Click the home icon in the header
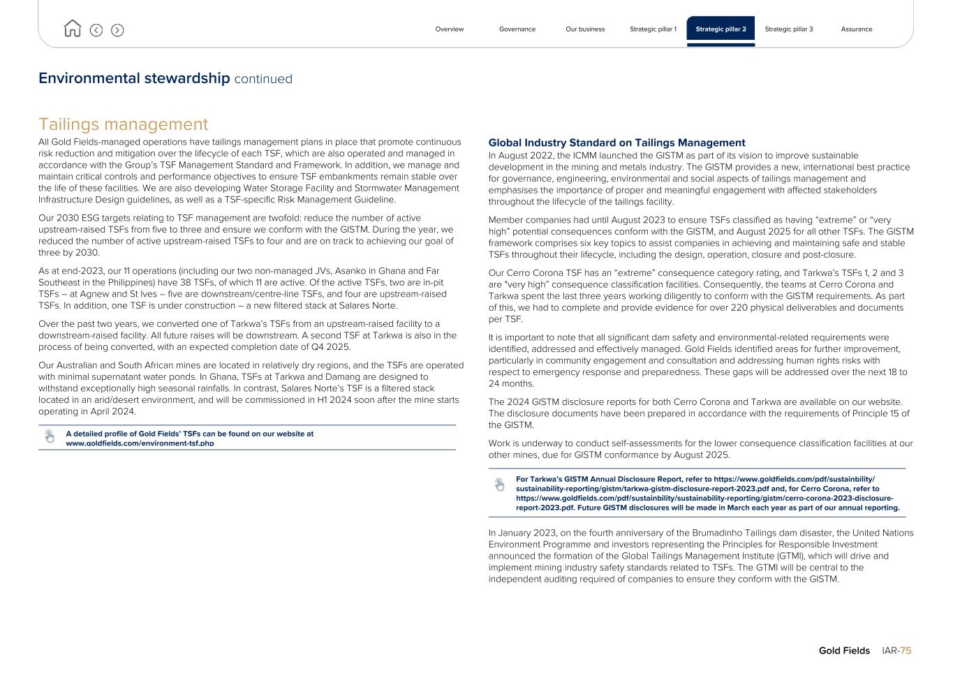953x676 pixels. click(72, 29)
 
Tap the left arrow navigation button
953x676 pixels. click(96, 30)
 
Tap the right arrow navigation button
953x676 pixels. click(117, 30)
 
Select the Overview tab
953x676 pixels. click(449, 29)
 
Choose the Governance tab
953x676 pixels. click(517, 29)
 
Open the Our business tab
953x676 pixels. click(585, 29)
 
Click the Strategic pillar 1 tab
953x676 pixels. click(653, 29)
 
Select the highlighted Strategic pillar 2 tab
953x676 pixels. click(721, 29)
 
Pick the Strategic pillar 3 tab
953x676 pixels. click(788, 29)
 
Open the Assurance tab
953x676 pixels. click(856, 29)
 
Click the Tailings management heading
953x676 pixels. click(123, 124)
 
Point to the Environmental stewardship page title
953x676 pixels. click(134, 78)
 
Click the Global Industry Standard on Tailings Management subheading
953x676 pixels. click(616, 142)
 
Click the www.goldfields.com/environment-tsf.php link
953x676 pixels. click(140, 443)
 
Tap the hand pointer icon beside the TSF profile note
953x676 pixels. click(50, 436)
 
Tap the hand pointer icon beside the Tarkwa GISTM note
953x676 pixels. click(499, 485)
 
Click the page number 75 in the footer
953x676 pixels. click(906, 651)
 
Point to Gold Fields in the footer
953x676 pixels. click(844, 651)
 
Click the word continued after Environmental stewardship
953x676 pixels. click(263, 79)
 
